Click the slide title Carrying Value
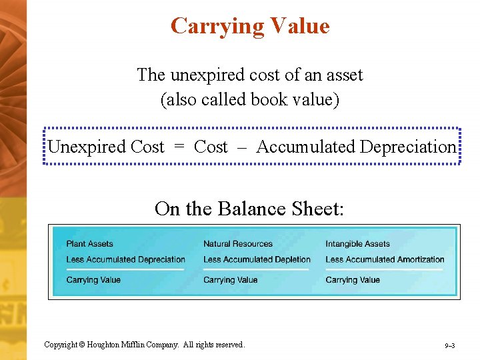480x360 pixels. [x=250, y=26]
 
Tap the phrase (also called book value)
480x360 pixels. [x=250, y=100]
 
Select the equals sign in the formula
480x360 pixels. [x=179, y=147]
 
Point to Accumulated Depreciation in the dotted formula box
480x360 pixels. [x=356, y=147]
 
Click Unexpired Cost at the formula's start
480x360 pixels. [x=105, y=147]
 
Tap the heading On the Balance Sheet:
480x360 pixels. [x=249, y=209]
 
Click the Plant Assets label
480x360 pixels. [x=90, y=244]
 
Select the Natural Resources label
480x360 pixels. [x=238, y=244]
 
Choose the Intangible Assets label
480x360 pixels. [x=357, y=244]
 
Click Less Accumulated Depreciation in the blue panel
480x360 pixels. [x=126, y=259]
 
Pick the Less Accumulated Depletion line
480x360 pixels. [x=257, y=259]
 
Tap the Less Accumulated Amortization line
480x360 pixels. [x=385, y=259]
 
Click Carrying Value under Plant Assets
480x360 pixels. [x=93, y=280]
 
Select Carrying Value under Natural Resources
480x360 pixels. [x=230, y=280]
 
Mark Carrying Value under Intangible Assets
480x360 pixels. [x=353, y=280]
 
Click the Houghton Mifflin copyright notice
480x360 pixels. [x=144, y=345]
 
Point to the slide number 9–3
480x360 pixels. [x=449, y=346]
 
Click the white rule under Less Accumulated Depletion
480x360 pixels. [x=257, y=269]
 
